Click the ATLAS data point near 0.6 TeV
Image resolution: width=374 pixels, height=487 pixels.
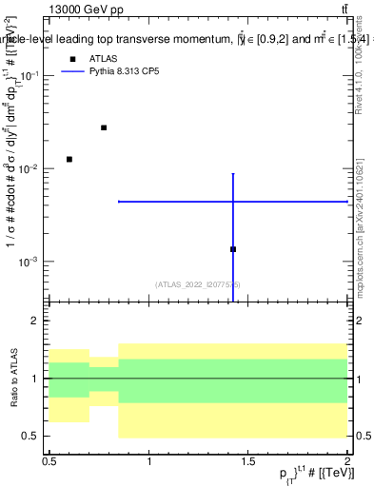(69, 159)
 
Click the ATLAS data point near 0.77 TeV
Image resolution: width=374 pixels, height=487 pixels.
(104, 127)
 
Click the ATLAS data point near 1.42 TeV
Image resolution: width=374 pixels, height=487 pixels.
(233, 249)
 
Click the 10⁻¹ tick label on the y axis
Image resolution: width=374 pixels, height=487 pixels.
(30, 75)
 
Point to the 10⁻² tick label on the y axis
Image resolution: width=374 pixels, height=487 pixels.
(30, 168)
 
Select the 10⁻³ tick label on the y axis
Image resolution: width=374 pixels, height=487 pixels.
(30, 262)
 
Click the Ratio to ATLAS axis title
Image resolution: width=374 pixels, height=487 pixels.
(12, 379)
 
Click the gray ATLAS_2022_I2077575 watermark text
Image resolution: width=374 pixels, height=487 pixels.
(198, 283)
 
